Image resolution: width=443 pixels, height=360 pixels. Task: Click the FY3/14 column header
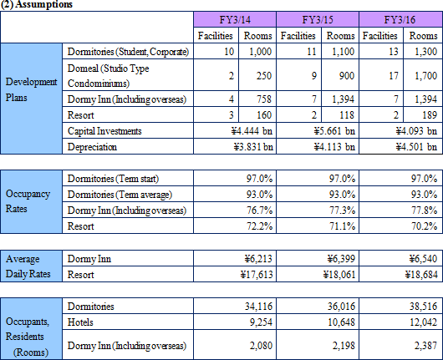pyautogui.click(x=235, y=20)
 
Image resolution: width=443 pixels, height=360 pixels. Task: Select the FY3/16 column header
pyautogui.click(x=400, y=20)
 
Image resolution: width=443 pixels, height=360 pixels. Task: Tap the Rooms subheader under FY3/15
pyautogui.click(x=340, y=36)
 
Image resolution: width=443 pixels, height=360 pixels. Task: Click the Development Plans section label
pyautogui.click(x=31, y=89)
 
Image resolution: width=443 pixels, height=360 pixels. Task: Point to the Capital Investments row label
pyautogui.click(x=104, y=131)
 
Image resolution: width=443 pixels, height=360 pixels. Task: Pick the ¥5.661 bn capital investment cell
pyautogui.click(x=334, y=131)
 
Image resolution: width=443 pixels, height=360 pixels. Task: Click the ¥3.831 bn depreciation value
pyautogui.click(x=253, y=147)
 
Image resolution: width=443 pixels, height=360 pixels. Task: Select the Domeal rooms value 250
pyautogui.click(x=264, y=76)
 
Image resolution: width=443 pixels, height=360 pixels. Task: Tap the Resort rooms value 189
pyautogui.click(x=430, y=115)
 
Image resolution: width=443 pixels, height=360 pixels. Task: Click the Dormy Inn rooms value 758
pyautogui.click(x=264, y=99)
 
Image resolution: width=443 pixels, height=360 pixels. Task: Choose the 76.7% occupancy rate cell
pyautogui.click(x=259, y=210)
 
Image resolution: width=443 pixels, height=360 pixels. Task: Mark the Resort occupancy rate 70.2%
pyautogui.click(x=424, y=226)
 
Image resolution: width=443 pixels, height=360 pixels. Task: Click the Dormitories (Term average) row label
pyautogui.click(x=120, y=195)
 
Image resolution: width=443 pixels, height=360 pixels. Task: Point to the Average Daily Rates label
pyautogui.click(x=28, y=266)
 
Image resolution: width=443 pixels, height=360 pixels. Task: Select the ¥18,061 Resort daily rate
pyautogui.click(x=339, y=275)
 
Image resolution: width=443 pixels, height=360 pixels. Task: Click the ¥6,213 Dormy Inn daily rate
pyautogui.click(x=258, y=259)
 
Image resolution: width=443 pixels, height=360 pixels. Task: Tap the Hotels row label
pyautogui.click(x=80, y=322)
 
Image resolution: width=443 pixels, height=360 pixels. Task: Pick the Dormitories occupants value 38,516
pyautogui.click(x=423, y=307)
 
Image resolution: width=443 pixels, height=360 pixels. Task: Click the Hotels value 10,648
pyautogui.click(x=341, y=322)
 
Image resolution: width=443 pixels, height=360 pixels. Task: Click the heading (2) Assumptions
pyautogui.click(x=37, y=4)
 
